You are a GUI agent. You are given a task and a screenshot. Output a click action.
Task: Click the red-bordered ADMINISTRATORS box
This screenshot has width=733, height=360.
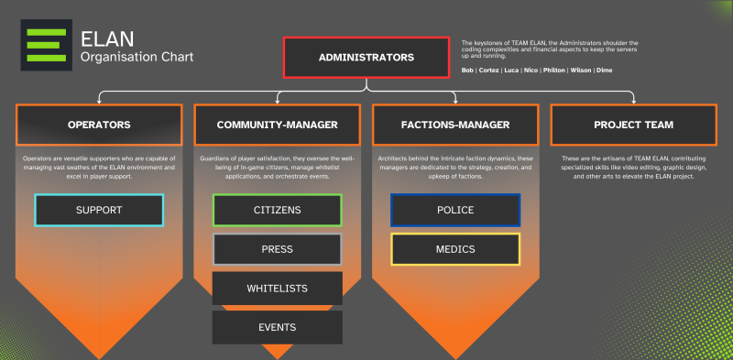(366, 57)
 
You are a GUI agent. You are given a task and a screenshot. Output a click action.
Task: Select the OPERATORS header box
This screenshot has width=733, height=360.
(99, 125)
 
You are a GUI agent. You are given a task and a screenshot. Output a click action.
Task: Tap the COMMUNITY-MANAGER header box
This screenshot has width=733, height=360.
(277, 125)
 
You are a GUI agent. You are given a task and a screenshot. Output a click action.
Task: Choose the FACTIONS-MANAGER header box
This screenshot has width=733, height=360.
(455, 125)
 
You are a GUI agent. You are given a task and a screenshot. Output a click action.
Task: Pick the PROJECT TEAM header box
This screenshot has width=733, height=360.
(633, 125)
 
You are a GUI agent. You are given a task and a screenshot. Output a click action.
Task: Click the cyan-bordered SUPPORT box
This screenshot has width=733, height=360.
(99, 210)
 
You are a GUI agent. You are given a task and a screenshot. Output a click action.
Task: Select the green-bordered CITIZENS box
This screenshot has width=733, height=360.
(277, 210)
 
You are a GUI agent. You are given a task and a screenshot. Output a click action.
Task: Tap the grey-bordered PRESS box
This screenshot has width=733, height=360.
(277, 249)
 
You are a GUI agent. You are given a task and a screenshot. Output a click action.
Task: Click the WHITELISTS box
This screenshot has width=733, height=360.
(277, 289)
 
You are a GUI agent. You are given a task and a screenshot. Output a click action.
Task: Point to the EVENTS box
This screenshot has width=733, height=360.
(277, 327)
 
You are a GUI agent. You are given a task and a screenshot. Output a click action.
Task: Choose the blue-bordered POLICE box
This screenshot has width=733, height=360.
(455, 210)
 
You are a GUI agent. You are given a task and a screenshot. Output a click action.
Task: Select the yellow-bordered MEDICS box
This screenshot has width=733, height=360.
(455, 249)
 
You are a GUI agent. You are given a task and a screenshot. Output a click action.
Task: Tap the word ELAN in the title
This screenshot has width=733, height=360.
(107, 38)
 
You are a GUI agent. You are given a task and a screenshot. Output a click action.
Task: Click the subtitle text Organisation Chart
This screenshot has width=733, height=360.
(137, 58)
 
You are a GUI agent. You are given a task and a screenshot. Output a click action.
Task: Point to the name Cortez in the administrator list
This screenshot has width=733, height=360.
(490, 70)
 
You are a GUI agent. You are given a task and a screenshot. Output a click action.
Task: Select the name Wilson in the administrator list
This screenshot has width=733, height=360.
(582, 70)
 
